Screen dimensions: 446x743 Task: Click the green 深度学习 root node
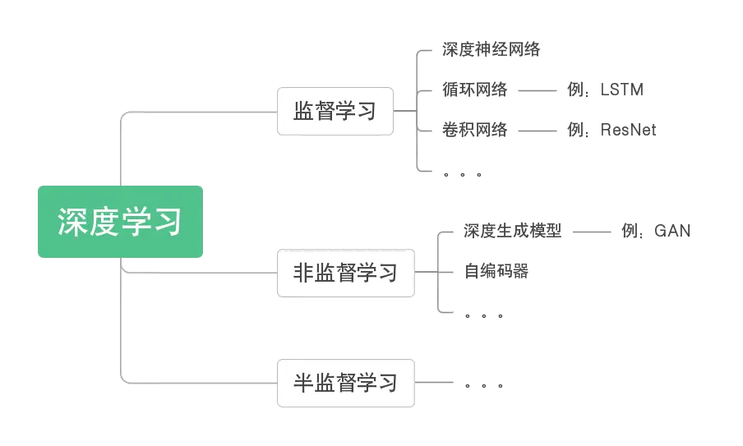click(x=120, y=223)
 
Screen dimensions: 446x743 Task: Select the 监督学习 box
click(x=335, y=111)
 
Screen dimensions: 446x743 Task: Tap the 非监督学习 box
click(x=345, y=272)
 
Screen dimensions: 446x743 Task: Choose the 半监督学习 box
click(x=345, y=382)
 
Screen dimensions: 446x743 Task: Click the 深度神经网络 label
click(x=490, y=49)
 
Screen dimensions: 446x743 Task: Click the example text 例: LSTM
click(x=605, y=89)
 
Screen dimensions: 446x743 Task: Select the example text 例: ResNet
click(x=611, y=129)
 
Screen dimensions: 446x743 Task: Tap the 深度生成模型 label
click(x=511, y=231)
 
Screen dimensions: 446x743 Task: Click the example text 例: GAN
click(x=654, y=231)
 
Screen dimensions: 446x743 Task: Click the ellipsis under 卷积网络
click(x=463, y=173)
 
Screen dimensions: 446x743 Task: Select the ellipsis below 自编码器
click(x=483, y=315)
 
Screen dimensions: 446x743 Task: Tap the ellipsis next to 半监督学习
click(x=483, y=384)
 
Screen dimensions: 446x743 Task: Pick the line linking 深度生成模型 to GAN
click(x=590, y=232)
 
